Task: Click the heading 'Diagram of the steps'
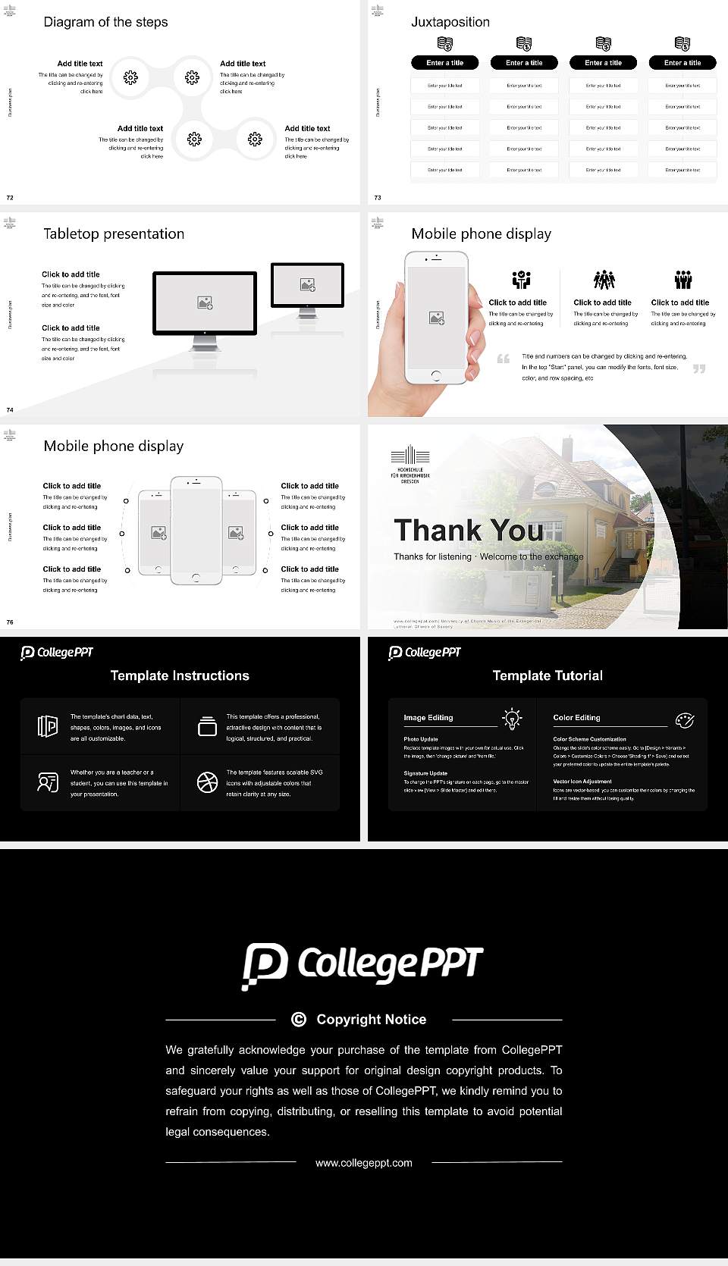(x=105, y=22)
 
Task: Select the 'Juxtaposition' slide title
(x=450, y=22)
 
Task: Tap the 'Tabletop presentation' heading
(x=114, y=234)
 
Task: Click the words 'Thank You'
(x=469, y=531)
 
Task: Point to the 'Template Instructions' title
(x=180, y=675)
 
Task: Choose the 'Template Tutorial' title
(x=548, y=675)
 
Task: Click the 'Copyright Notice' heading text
(x=371, y=1020)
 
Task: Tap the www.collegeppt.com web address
(x=364, y=1163)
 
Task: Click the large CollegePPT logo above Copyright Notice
(x=362, y=965)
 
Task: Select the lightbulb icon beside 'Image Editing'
(x=512, y=719)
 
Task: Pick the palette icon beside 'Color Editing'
(x=685, y=719)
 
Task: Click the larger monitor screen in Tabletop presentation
(x=205, y=303)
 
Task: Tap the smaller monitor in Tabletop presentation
(x=307, y=285)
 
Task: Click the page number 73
(x=378, y=198)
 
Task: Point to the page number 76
(x=10, y=622)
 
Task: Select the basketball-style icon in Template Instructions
(x=207, y=782)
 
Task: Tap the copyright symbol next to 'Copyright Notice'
(x=299, y=1020)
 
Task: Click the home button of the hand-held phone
(x=435, y=375)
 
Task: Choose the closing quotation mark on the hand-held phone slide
(x=699, y=368)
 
